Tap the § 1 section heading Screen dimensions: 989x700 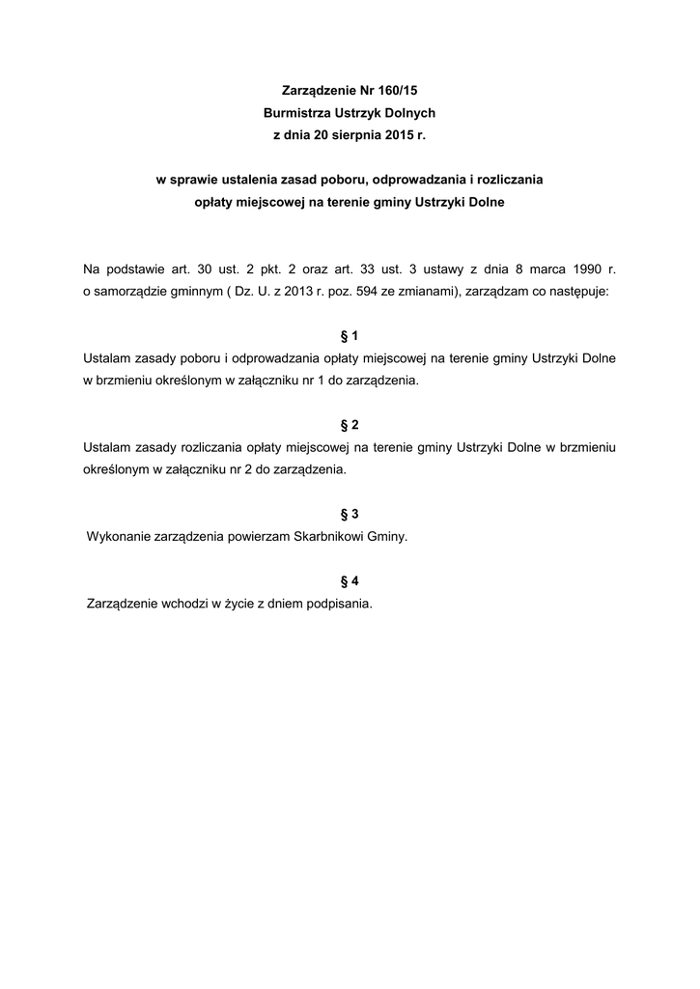(350, 336)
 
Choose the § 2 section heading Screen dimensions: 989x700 (350, 425)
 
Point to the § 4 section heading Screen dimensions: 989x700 (350, 581)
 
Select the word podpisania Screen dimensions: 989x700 (340, 605)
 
